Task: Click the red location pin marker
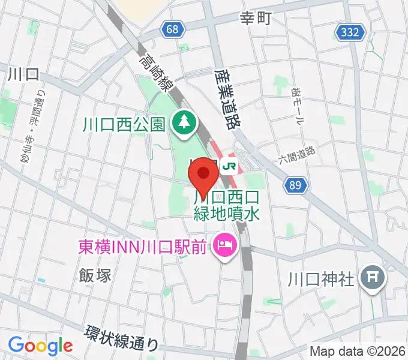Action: point(204,177)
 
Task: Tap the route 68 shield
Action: point(173,29)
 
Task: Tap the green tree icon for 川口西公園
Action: point(182,124)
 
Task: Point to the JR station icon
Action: point(229,165)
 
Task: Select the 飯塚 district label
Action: point(95,275)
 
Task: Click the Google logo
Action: point(40,346)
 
